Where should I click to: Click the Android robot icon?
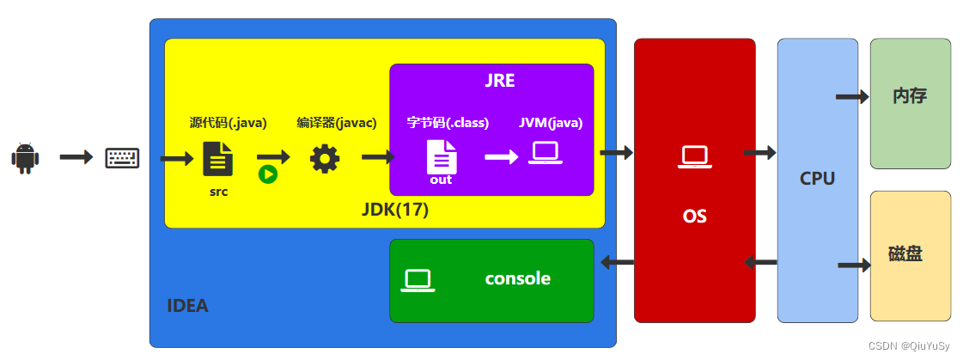(25, 158)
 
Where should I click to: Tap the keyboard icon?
(122, 158)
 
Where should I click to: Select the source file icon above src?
(217, 159)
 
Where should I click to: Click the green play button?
(268, 174)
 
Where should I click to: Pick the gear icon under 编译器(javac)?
(325, 159)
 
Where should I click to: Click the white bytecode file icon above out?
(442, 157)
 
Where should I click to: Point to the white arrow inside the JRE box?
(501, 157)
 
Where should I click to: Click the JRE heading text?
(499, 82)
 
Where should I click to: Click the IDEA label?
(187, 305)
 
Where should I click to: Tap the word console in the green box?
(517, 278)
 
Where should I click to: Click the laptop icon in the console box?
(418, 280)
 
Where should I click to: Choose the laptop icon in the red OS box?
(694, 157)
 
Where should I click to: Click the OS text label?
(694, 216)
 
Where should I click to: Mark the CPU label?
(817, 179)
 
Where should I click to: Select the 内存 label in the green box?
(910, 95)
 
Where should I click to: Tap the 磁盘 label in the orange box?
(905, 255)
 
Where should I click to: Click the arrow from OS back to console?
(616, 262)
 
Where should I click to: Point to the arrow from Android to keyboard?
(76, 157)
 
